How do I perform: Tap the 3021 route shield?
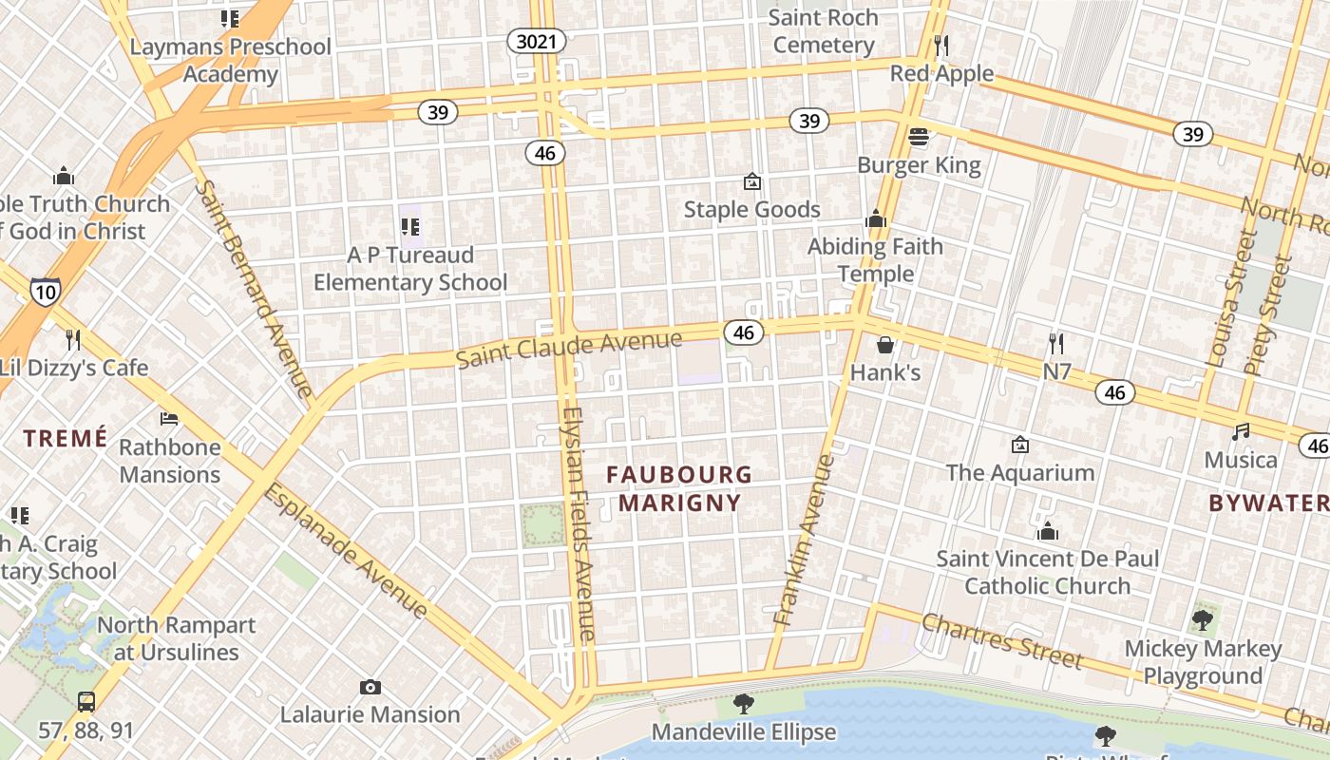point(537,41)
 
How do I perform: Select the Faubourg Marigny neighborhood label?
point(679,488)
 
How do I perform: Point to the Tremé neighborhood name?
point(66,438)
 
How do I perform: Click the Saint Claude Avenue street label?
point(568,349)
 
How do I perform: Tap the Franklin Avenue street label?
point(803,539)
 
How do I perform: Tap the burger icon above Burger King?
point(918,137)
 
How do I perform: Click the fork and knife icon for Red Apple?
point(941,45)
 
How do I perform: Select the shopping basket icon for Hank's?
point(885,344)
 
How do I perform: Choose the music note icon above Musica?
point(1241,431)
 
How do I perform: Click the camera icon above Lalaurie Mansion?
point(370,686)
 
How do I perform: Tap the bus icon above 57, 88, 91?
point(86,702)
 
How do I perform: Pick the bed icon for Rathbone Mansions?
point(169,418)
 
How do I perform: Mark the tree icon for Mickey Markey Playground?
point(1203,621)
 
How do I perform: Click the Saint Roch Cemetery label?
point(823,30)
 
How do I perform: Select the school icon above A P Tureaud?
point(410,226)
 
